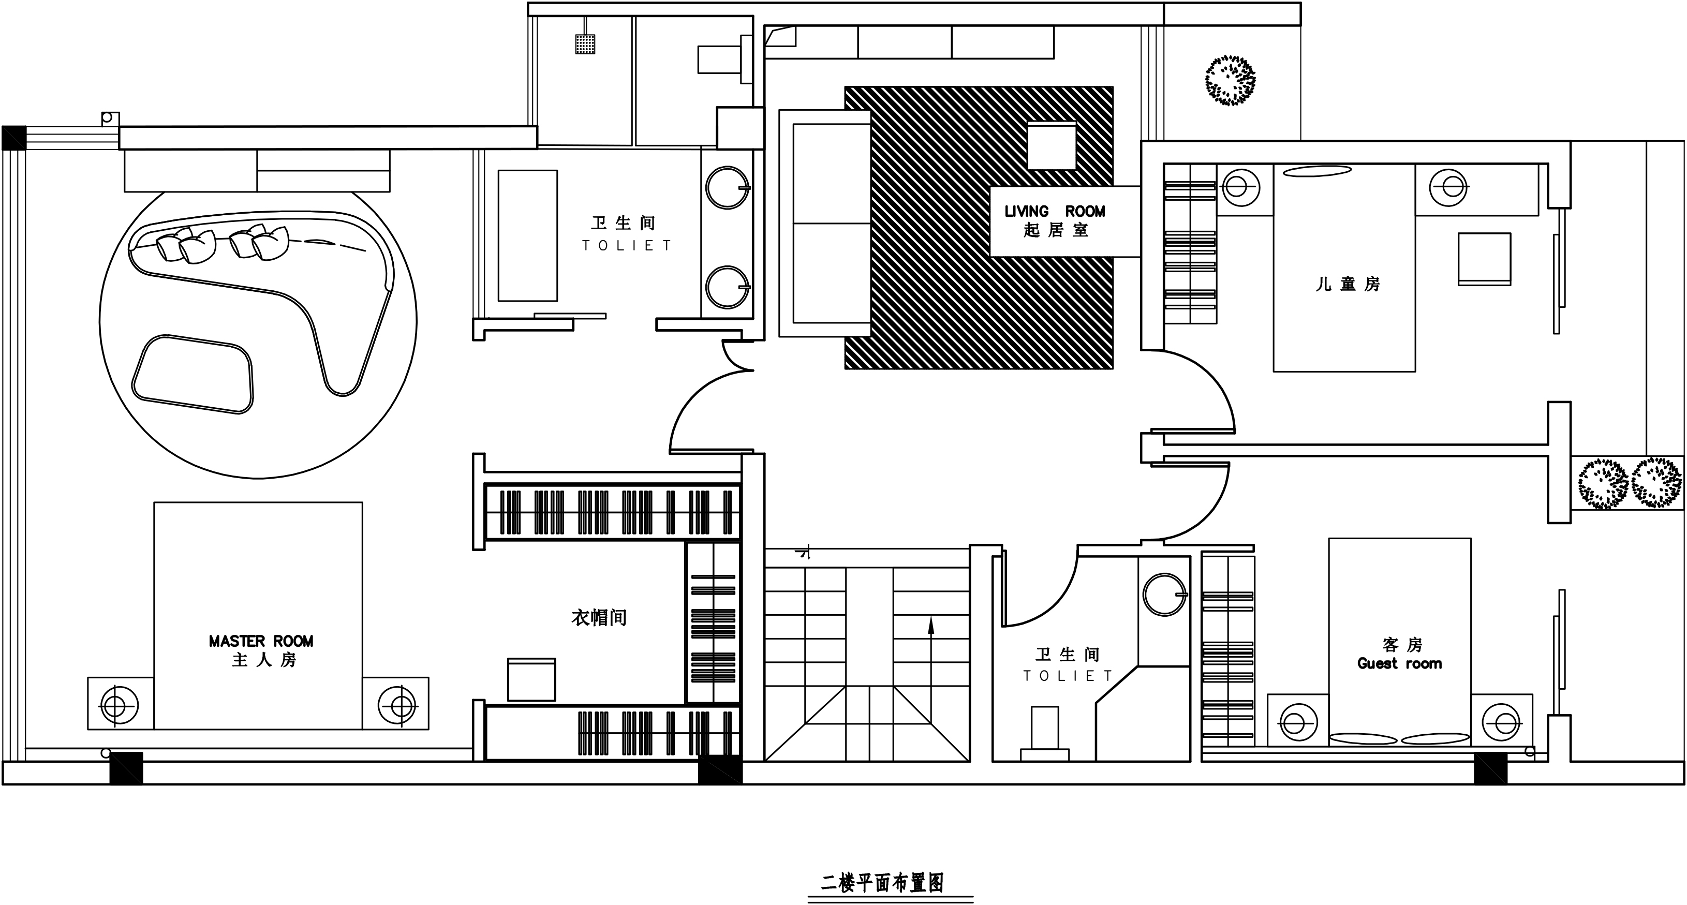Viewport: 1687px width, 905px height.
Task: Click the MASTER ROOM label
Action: [261, 641]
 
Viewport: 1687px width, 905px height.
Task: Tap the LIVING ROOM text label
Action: [1055, 212]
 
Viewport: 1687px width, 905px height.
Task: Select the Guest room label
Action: [1399, 663]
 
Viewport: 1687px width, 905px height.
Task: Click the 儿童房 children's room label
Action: [1348, 284]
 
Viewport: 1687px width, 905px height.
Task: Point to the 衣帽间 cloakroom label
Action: [599, 617]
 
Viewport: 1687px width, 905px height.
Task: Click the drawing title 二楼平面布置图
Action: [882, 883]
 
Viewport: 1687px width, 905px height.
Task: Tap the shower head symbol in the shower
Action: [585, 43]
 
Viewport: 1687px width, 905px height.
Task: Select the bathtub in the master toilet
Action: [527, 236]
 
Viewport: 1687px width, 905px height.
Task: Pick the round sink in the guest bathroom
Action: [1165, 595]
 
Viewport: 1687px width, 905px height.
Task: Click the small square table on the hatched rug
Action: [1052, 145]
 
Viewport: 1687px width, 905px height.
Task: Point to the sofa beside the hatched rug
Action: [824, 224]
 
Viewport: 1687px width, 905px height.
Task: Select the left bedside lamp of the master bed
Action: [118, 706]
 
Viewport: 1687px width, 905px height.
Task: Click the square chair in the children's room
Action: [1484, 259]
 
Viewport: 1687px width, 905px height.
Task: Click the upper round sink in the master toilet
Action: [728, 188]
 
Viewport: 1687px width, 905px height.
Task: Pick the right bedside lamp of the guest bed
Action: [1501, 723]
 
